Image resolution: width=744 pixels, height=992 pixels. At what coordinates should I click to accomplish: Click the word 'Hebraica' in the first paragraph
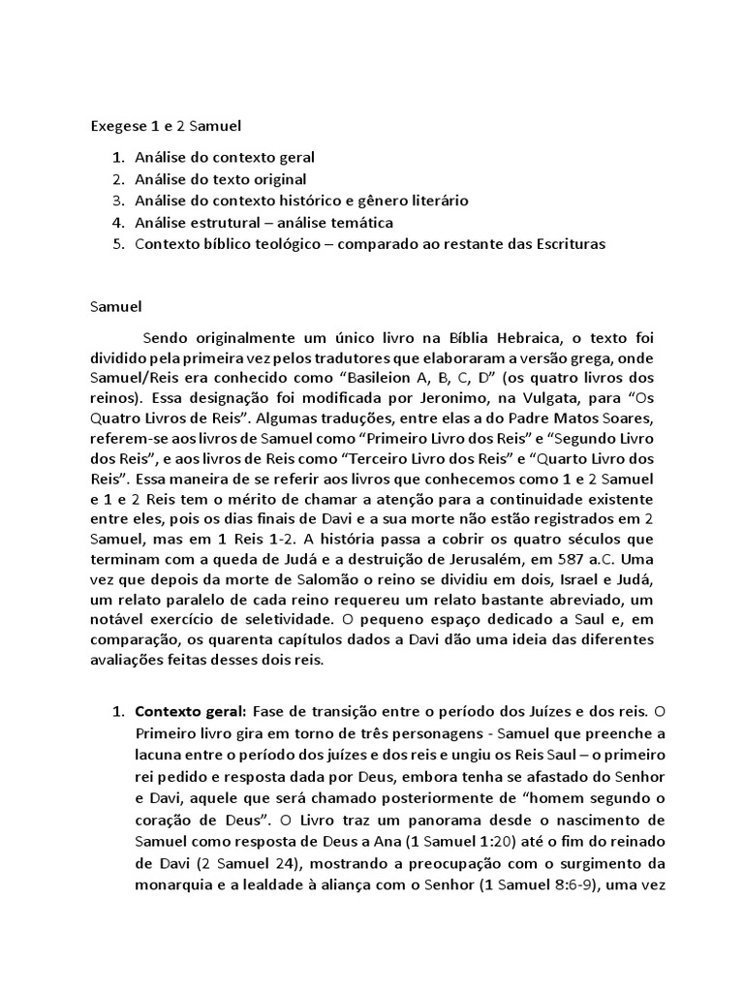click(x=509, y=338)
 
